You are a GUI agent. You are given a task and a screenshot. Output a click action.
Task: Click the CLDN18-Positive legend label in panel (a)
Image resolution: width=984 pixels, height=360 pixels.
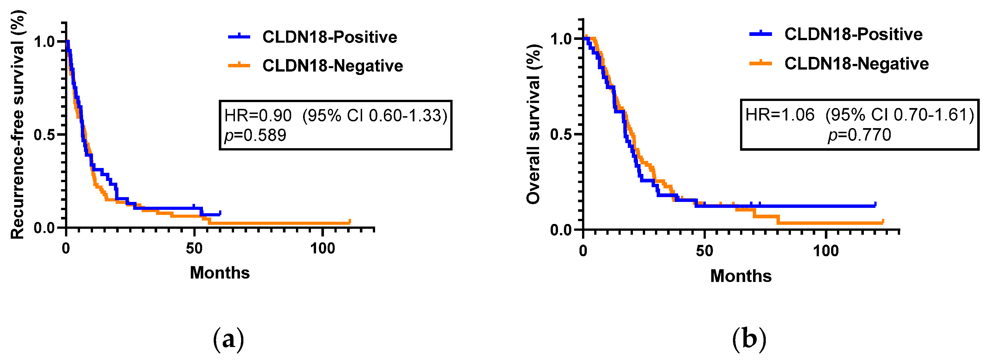329,37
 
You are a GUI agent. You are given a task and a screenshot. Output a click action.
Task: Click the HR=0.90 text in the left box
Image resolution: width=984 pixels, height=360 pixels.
258,115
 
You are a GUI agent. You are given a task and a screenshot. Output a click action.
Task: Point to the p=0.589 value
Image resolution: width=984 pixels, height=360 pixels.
255,135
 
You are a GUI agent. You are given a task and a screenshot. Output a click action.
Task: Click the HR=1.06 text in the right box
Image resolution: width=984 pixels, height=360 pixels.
780,115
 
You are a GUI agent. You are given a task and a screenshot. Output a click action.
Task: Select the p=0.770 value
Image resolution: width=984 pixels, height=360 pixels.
859,135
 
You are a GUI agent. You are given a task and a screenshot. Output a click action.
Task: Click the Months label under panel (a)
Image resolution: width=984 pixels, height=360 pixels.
220,273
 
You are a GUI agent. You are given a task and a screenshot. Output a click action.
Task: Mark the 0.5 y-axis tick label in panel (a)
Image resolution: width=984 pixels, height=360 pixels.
44,135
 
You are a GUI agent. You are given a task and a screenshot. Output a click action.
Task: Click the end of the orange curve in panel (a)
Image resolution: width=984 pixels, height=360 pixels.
349,222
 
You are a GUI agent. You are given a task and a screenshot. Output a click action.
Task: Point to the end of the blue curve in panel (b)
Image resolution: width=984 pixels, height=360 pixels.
875,205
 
